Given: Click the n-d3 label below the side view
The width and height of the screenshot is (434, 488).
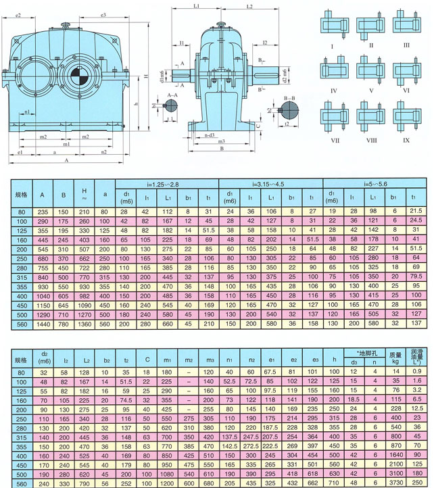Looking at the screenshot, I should tap(210, 136).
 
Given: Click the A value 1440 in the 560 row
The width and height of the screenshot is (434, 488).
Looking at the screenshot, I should tap(42, 324).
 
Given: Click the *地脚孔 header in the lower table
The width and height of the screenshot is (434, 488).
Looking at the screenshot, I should tap(364, 353).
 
